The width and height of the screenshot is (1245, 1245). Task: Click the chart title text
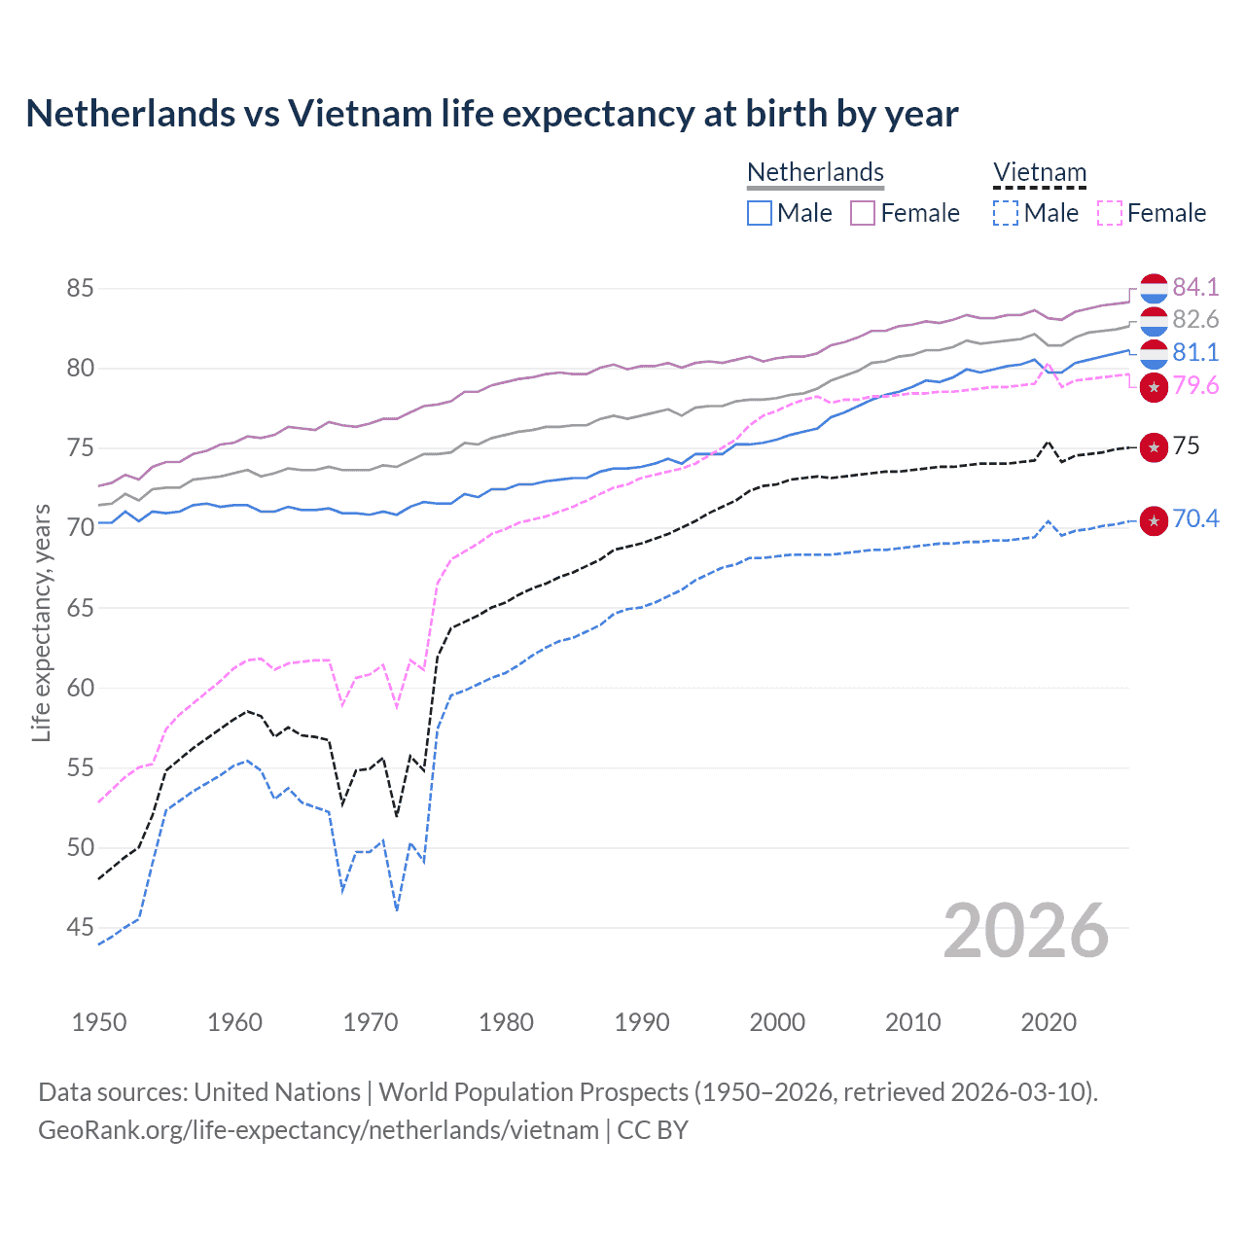(492, 114)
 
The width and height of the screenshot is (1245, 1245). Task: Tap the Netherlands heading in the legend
(815, 172)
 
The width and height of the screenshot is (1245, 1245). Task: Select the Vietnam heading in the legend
(1039, 172)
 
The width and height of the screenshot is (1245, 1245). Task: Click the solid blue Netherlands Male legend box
(760, 213)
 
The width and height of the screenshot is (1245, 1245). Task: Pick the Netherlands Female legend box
(863, 213)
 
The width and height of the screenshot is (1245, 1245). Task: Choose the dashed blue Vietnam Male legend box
(1006, 213)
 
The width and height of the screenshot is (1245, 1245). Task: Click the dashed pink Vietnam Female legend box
(1110, 213)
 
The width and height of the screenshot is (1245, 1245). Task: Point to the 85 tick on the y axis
(81, 289)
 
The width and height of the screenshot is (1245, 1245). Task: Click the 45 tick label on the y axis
(81, 928)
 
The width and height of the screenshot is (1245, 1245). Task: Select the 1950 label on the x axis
(99, 1022)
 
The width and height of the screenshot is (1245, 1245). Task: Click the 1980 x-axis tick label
(506, 1022)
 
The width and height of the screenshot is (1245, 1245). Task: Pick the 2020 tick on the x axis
(1049, 1022)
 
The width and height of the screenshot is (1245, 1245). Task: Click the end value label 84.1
(1195, 287)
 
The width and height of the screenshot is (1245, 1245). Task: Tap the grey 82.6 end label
(1195, 320)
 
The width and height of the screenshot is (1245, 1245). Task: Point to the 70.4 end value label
(1195, 519)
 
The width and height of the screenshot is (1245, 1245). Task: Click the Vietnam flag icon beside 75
(1154, 447)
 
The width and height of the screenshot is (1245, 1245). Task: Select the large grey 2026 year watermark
(1026, 931)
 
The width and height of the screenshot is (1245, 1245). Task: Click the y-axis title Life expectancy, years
(42, 622)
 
